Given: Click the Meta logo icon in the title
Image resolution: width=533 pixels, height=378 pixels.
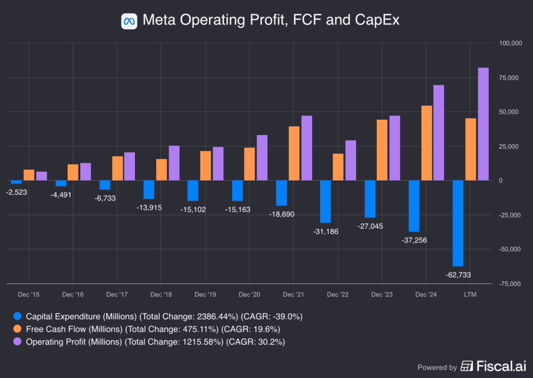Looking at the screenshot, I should [x=129, y=21].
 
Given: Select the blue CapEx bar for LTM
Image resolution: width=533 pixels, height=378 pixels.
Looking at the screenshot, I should [x=458, y=223].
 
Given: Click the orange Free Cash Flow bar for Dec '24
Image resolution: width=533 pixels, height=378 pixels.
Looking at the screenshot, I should [x=426, y=143].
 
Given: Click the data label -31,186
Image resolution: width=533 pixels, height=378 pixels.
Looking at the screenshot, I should [x=325, y=231].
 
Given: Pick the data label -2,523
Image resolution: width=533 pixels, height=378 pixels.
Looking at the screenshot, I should [x=16, y=192].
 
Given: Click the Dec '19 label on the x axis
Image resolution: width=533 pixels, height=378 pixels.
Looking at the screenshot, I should [x=205, y=295].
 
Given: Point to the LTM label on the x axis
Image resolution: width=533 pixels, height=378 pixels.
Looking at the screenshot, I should [x=470, y=295].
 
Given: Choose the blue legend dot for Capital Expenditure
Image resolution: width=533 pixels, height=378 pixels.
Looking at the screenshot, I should [x=18, y=316].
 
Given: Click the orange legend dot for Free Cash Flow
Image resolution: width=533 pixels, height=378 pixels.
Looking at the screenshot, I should [x=18, y=329].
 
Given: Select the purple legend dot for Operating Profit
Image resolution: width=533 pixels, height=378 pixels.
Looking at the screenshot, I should [x=18, y=342].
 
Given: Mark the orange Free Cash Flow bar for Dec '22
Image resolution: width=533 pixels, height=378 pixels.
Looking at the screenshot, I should [x=338, y=167].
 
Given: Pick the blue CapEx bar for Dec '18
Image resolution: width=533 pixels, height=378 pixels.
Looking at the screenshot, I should [x=149, y=190].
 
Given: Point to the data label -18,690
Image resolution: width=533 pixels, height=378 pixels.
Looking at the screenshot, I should [x=281, y=214].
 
